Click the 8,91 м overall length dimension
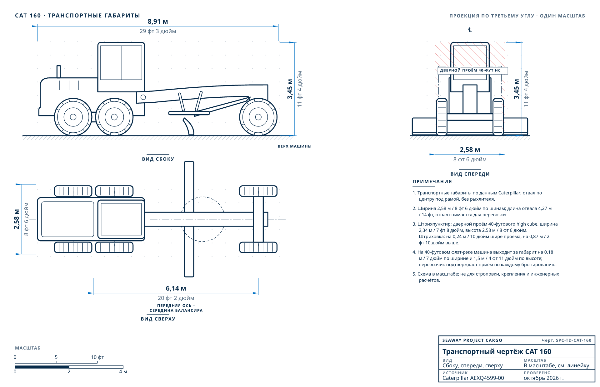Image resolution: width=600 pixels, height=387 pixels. [158, 22]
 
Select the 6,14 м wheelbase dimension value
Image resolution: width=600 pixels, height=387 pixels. [176, 288]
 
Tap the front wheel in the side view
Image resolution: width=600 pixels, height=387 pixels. [258, 117]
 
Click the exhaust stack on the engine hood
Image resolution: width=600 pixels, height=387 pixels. [58, 71]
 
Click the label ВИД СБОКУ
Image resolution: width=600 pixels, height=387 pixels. [158, 159]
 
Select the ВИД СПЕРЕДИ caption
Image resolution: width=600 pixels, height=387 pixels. [470, 174]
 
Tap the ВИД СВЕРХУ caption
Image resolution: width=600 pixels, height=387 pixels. [158, 319]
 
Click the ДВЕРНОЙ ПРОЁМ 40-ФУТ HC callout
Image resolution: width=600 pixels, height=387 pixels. [470, 71]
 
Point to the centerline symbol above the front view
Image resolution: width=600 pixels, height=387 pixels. [470, 30]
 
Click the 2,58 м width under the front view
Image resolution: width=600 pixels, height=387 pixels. [470, 150]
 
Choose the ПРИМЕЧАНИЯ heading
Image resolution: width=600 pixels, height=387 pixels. [432, 182]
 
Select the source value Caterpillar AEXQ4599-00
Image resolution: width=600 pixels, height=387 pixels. [473, 378]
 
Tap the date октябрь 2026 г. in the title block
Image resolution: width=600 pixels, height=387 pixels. [544, 378]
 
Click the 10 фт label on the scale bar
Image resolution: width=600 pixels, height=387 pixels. [97, 357]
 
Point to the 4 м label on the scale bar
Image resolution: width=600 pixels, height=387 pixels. [123, 372]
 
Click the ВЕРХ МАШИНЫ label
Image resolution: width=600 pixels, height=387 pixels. [295, 146]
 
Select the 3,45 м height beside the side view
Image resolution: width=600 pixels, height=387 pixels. [290, 89]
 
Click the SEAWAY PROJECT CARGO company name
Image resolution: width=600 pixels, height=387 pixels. [472, 340]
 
